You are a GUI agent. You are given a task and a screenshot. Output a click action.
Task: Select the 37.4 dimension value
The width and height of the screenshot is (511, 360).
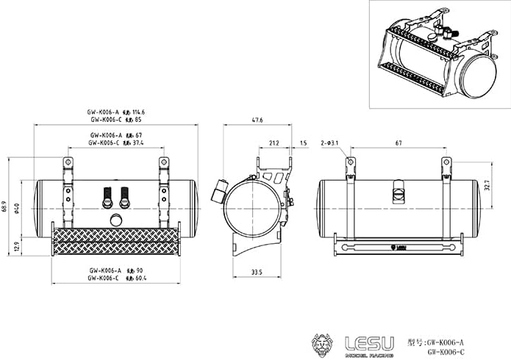[136, 143]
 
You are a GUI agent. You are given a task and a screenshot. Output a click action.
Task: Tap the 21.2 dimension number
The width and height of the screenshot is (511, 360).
[274, 143]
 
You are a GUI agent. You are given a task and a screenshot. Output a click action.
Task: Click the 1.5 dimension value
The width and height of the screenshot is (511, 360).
[303, 143]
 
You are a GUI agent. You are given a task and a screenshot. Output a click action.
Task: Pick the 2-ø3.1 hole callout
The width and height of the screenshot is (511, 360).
[329, 143]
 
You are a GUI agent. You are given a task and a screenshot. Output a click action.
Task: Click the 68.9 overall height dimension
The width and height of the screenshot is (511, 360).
[8, 206]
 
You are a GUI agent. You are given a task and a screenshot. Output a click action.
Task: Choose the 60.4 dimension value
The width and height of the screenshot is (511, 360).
[138, 278]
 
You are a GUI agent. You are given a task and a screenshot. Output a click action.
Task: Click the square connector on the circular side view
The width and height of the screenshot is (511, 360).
[218, 192]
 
